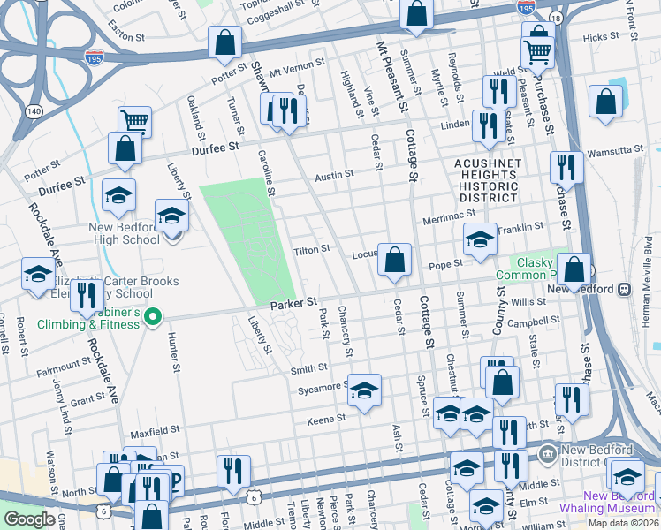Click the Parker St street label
click(293, 303)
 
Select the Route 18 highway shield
click(555, 18)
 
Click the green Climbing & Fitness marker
click(153, 315)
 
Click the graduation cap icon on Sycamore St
click(363, 391)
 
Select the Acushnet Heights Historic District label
click(485, 181)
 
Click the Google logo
click(29, 519)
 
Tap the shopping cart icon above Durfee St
click(134, 121)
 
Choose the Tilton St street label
click(312, 250)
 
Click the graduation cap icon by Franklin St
click(480, 240)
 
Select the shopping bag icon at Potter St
click(225, 42)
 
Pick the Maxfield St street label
click(156, 432)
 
